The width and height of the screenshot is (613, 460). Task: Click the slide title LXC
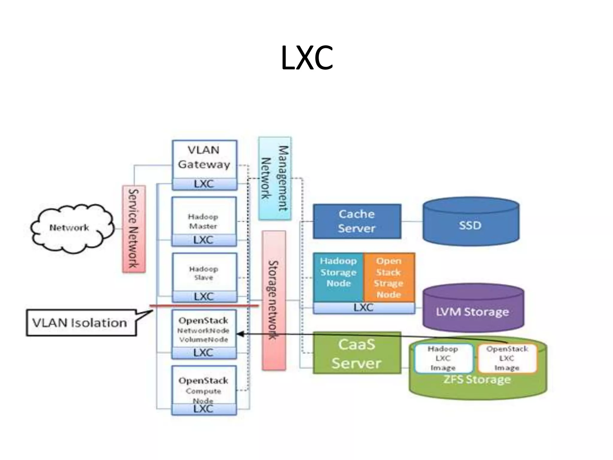307,58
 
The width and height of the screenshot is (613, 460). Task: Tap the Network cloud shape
72,228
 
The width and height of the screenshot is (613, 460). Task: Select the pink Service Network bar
134,229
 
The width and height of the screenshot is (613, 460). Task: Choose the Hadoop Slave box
204,273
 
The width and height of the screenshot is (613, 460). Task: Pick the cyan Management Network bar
275,178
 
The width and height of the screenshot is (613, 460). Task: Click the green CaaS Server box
357,353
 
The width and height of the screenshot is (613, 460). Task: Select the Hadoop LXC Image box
443,358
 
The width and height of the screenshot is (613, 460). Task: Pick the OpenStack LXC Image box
507,358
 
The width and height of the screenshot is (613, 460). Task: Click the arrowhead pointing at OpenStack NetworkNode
240,334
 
